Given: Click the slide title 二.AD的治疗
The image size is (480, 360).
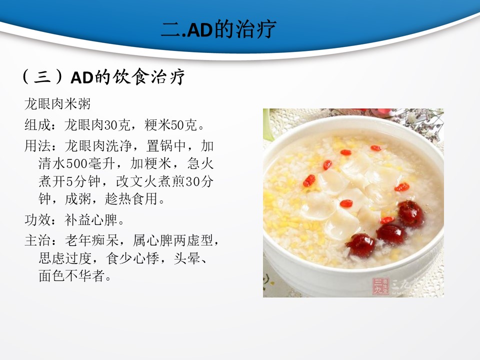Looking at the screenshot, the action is (219, 29).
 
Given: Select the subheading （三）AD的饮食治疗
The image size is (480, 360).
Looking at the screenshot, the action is (103, 76).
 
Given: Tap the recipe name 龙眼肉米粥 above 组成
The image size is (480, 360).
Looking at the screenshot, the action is (57, 104).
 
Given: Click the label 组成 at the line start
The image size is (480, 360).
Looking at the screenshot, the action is (37, 125).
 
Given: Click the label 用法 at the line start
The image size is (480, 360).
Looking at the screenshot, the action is (37, 145).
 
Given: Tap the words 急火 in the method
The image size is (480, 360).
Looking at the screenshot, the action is (200, 163).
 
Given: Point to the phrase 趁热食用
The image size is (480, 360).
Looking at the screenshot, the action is (131, 199).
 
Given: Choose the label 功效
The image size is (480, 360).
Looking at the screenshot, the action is (37, 220).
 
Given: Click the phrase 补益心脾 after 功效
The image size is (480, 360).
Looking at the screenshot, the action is (91, 220).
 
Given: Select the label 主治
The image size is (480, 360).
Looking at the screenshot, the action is (37, 240).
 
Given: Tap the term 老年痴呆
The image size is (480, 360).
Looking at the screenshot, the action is (91, 240).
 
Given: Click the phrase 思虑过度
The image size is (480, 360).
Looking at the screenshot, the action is (65, 258).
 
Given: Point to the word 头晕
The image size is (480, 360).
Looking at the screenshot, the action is (187, 258).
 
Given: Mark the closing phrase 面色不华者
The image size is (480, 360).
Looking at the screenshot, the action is (71, 275).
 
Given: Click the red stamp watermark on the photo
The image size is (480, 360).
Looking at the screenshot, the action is (380, 286).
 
